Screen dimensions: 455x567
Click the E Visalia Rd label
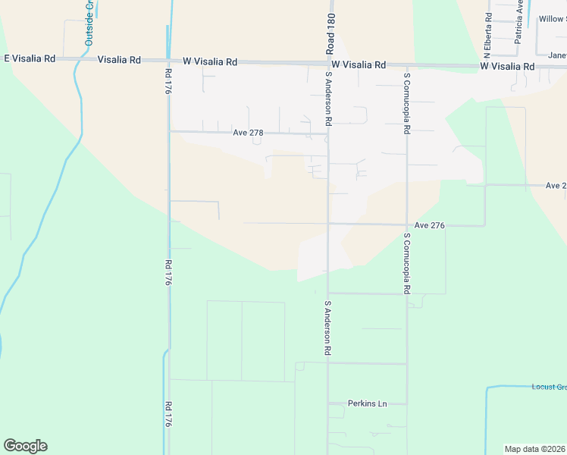click(x=30, y=58)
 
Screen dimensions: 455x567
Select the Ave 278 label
click(x=248, y=133)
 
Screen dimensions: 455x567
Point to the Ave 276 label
click(x=429, y=226)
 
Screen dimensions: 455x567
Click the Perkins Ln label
click(x=368, y=403)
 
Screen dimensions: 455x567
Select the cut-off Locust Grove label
click(x=549, y=388)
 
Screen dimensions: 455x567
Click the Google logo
click(x=25, y=446)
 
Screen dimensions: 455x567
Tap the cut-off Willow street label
click(x=552, y=19)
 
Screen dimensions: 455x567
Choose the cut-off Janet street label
click(x=557, y=55)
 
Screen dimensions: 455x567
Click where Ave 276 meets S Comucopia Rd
click(x=407, y=224)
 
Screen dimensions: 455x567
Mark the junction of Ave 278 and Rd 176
click(x=168, y=131)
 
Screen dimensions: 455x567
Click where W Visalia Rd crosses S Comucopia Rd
click(x=407, y=65)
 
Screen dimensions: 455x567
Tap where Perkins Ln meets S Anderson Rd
click(x=328, y=403)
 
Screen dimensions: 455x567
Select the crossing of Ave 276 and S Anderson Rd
click(x=328, y=224)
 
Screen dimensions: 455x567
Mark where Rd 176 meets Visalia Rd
click(x=168, y=60)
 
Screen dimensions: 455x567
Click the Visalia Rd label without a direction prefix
click(x=119, y=59)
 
